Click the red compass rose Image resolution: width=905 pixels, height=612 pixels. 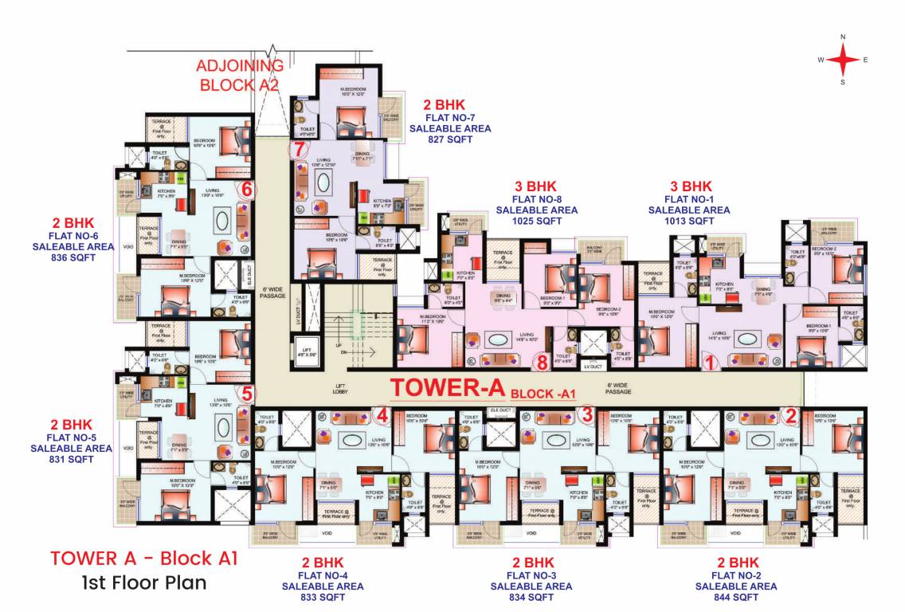(x=843, y=60)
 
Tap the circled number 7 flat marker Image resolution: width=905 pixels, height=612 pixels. (x=298, y=149)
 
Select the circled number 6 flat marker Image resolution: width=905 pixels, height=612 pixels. (x=247, y=189)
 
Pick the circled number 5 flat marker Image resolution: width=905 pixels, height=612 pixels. (x=247, y=393)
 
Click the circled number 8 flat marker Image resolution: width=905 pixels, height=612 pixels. (x=543, y=363)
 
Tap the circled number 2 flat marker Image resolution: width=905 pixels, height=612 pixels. (x=790, y=414)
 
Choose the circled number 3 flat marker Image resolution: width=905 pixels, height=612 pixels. (x=587, y=414)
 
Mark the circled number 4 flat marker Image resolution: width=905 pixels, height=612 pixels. (x=382, y=414)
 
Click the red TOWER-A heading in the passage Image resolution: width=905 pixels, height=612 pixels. (x=448, y=388)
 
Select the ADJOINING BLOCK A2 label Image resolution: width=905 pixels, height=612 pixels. (x=239, y=74)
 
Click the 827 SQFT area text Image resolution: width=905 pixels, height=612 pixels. (x=450, y=139)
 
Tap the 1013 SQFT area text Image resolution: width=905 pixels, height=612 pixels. (x=689, y=221)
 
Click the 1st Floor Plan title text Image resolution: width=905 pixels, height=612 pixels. (x=143, y=583)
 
